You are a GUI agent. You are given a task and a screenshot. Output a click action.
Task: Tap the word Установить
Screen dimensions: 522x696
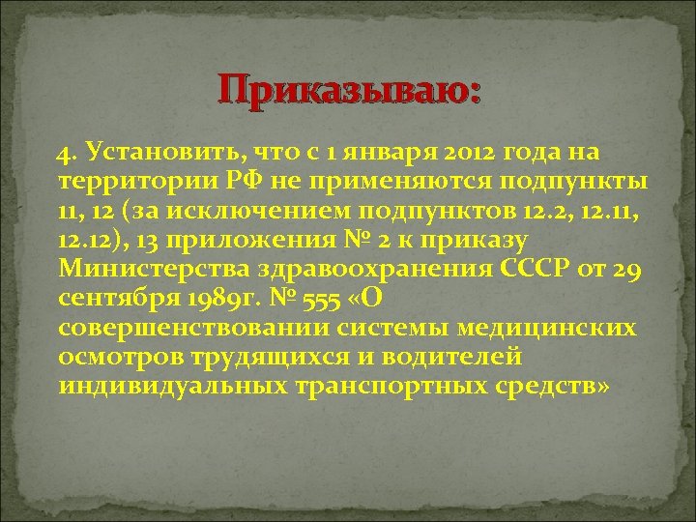pos(163,152)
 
